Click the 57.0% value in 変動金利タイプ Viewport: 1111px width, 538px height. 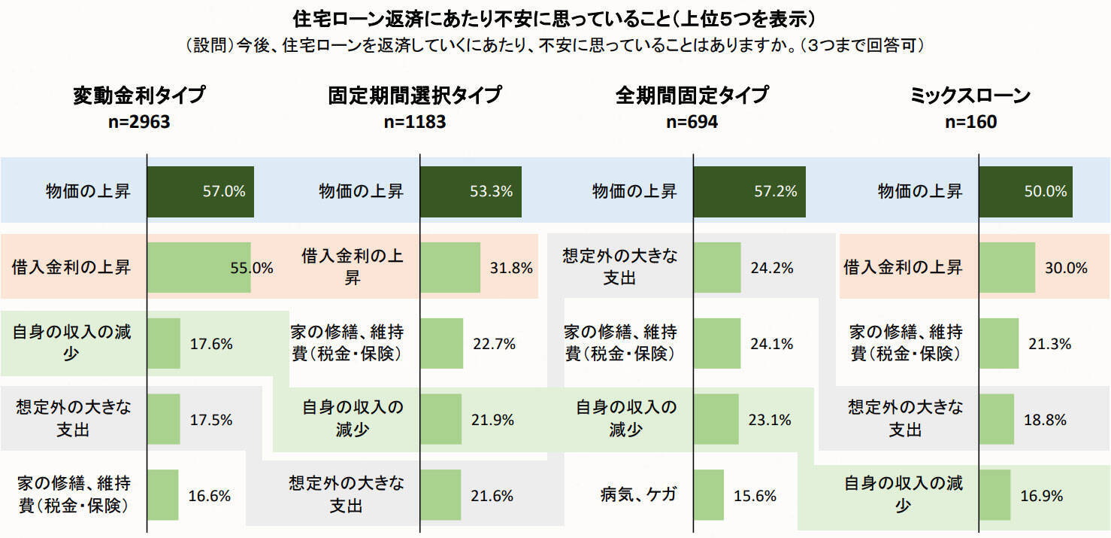click(224, 191)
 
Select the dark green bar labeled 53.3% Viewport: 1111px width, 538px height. click(471, 191)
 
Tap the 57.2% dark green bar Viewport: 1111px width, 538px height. click(749, 191)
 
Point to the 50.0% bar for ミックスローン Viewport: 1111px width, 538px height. click(1025, 191)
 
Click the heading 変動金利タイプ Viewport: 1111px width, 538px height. click(139, 96)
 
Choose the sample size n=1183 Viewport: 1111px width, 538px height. click(414, 121)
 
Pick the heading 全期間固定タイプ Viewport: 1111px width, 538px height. click(692, 96)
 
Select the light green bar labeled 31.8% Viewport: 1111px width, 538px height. click(450, 267)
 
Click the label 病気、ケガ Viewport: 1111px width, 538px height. click(638, 494)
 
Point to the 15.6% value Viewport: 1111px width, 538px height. click(755, 496)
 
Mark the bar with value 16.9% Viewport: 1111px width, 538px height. click(994, 495)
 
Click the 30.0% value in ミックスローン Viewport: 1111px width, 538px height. click(1066, 267)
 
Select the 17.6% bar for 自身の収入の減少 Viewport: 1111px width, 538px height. click(164, 343)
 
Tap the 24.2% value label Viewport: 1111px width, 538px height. click(772, 267)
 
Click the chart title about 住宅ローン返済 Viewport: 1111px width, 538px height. click(555, 17)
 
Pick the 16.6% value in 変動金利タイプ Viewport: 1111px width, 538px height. click(209, 496)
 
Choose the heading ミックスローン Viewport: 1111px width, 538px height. click(970, 96)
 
